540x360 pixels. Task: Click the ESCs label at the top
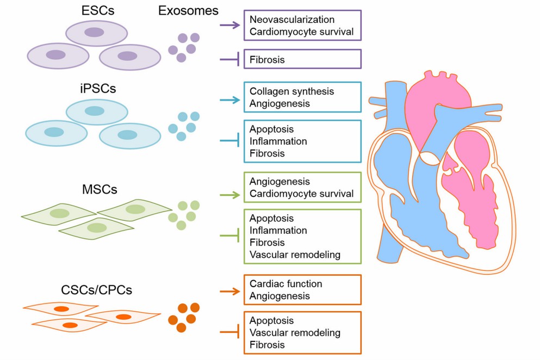point(95,11)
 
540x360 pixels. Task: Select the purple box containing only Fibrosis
point(303,59)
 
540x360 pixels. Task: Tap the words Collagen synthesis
point(291,91)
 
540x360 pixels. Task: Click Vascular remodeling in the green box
point(295,255)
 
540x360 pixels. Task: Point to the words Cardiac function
point(285,284)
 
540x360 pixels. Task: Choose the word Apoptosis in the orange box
point(271,320)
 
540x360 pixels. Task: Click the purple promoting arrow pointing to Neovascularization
point(230,24)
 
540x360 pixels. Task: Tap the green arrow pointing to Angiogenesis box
point(230,194)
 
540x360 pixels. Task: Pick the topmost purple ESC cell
point(96,33)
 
